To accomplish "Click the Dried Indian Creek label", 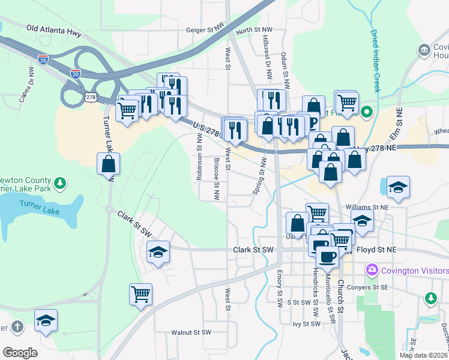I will coord(375,60).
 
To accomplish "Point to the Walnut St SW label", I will coord(191,332).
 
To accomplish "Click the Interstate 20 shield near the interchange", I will coord(76,73).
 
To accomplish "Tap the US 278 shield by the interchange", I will coord(91,97).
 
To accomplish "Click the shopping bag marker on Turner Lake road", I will coord(109,164).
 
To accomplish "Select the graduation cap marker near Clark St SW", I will coord(158,251).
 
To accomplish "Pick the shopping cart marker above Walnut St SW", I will coord(140,295).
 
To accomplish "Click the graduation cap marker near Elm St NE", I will coord(398,187).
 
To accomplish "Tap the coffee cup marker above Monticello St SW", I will coord(327,257).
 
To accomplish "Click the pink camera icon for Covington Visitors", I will coord(373,271).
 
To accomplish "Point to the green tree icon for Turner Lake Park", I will coord(59,182).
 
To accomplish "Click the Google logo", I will coord(19,353).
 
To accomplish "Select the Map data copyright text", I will coord(423,355).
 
